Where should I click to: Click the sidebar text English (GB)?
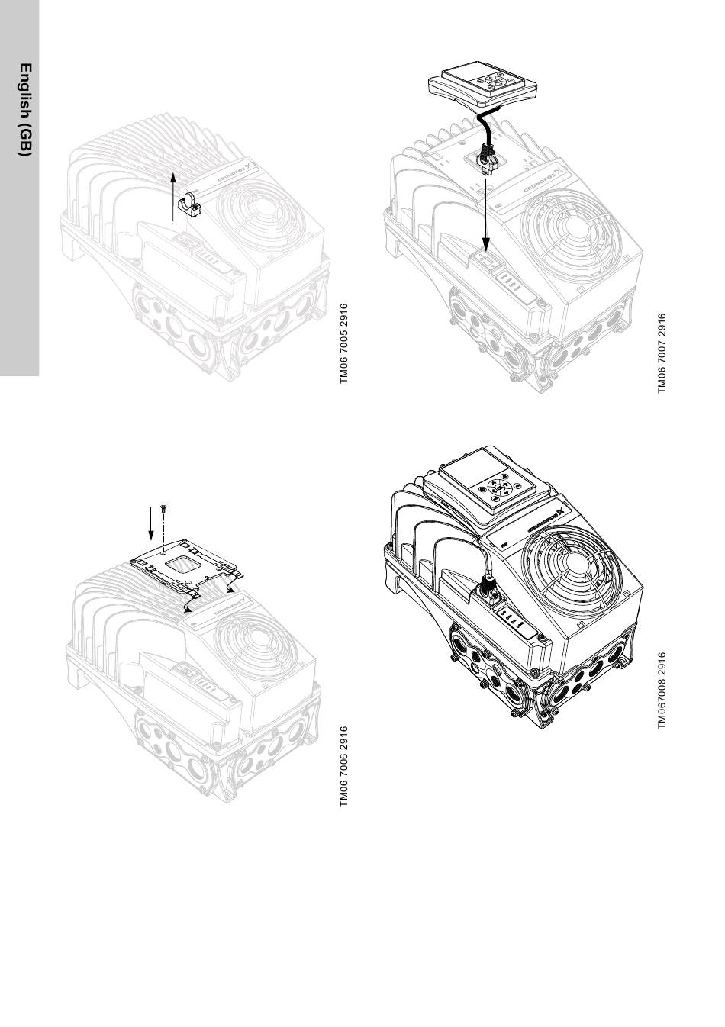tap(26, 110)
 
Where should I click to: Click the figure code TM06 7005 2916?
tap(344, 343)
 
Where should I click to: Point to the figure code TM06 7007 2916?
tap(662, 353)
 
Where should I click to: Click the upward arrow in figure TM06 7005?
tap(173, 197)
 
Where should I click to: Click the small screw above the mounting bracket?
tap(163, 508)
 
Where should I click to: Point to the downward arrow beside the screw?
tap(150, 523)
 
